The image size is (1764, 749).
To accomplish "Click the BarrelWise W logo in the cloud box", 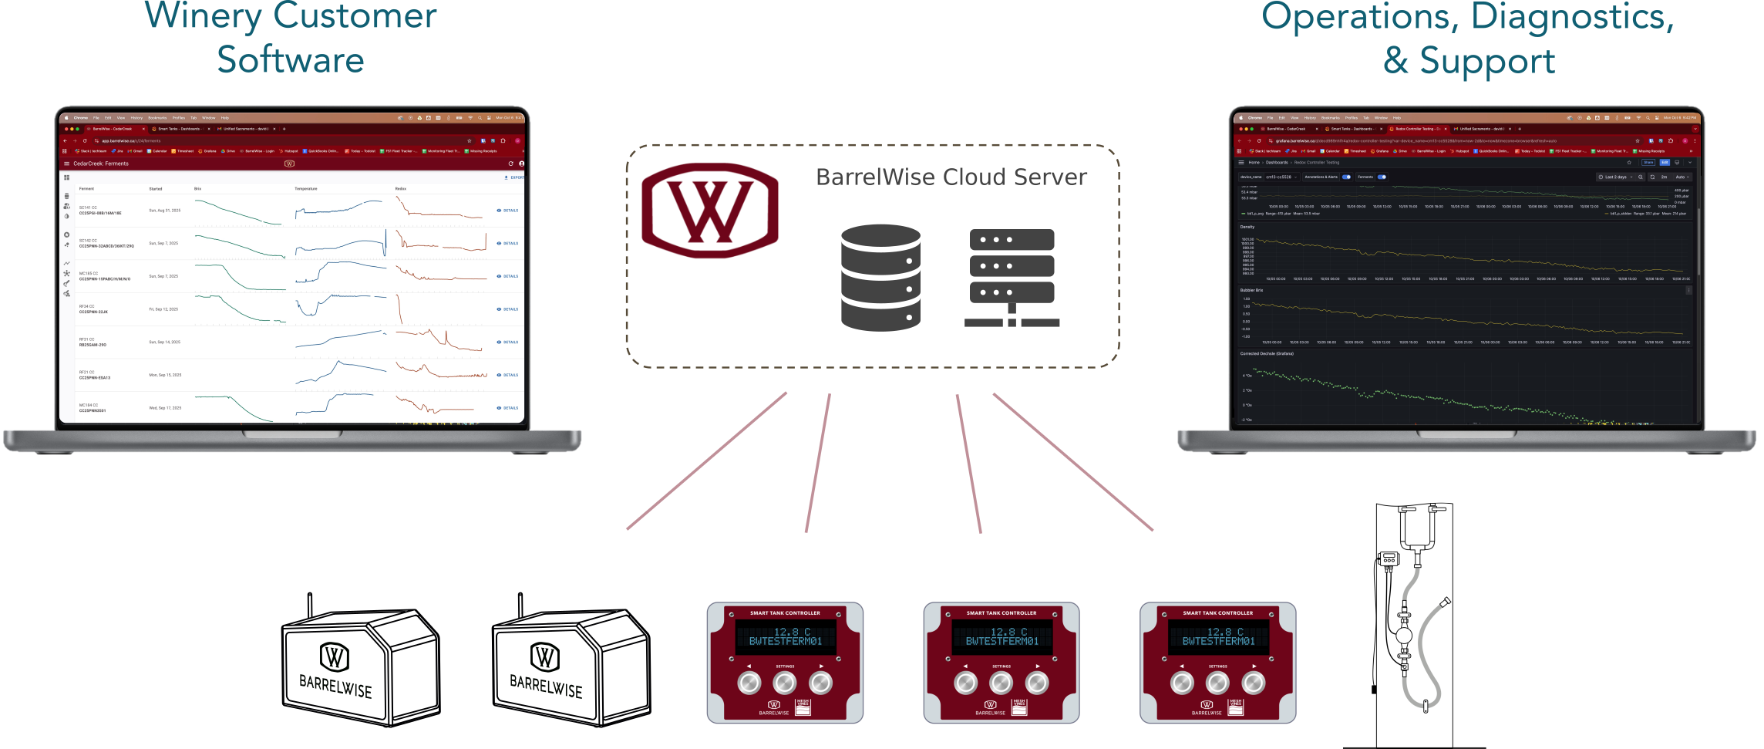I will (710, 210).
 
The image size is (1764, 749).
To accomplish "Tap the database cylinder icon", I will (880, 278).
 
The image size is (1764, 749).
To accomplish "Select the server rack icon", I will (1012, 278).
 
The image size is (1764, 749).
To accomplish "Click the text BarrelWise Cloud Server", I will (951, 177).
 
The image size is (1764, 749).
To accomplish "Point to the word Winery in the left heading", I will (203, 17).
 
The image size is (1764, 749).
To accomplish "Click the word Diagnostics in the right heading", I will (1572, 17).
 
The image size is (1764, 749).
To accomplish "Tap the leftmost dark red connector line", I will (706, 461).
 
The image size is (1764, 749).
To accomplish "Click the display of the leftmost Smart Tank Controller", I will (786, 636).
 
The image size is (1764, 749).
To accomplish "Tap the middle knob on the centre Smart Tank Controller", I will (1001, 683).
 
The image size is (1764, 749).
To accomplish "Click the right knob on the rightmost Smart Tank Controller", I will (1254, 683).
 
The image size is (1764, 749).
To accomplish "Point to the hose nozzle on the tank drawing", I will (1445, 602).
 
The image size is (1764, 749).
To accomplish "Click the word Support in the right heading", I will (1487, 61).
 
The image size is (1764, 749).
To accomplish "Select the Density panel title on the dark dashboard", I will (1247, 227).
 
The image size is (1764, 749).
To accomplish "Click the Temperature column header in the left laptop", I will (305, 188).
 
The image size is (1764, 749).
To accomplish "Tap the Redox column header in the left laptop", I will (400, 188).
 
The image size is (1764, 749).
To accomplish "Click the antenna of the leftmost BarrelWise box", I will (310, 606).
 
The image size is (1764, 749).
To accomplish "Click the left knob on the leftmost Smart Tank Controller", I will (749, 683).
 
